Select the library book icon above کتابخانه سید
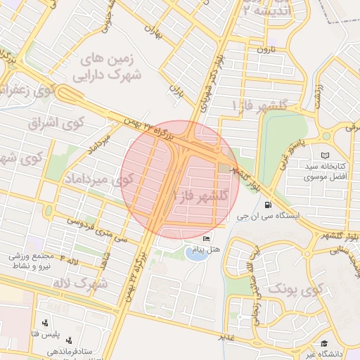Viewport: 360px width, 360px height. [x=324, y=155]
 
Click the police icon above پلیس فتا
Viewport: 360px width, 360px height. [x=46, y=323]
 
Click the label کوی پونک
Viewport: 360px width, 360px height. [x=295, y=288]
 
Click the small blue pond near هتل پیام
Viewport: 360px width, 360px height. [x=198, y=252]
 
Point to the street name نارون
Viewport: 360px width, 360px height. [x=264, y=49]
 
